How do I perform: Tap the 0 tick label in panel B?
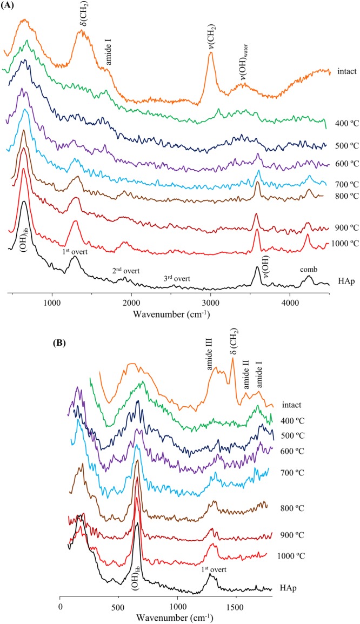[60, 603]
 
